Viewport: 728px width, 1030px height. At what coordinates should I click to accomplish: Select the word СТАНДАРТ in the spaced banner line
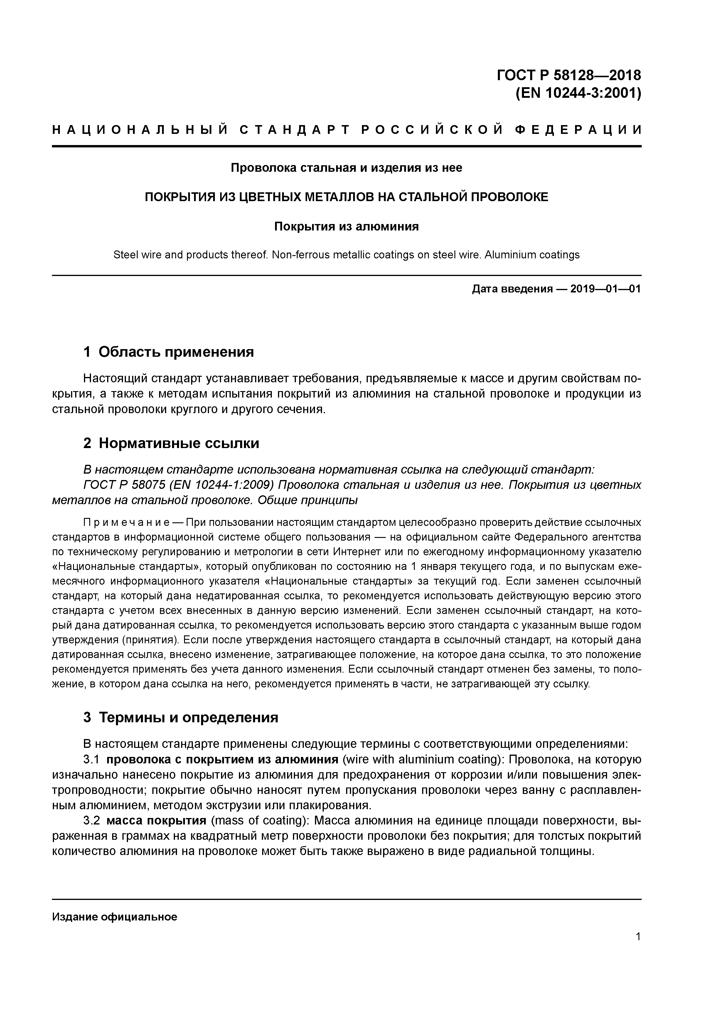point(294,130)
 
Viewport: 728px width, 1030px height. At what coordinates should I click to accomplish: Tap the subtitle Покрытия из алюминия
point(346,227)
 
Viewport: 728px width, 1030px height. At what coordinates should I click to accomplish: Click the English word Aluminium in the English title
point(508,255)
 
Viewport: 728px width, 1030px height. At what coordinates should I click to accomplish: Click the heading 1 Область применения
point(168,352)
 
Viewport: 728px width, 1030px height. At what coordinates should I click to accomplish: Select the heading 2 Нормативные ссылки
point(171,443)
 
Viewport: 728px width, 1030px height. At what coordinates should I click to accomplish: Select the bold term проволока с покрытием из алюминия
point(222,760)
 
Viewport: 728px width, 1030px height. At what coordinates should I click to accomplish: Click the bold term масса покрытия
point(156,820)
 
